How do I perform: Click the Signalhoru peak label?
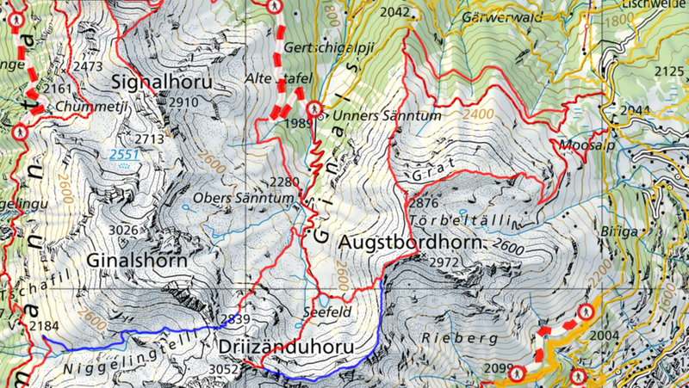[161, 82]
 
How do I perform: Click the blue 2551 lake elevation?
[123, 155]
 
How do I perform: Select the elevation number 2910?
[184, 102]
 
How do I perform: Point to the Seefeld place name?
[328, 312]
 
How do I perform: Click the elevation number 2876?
[425, 203]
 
